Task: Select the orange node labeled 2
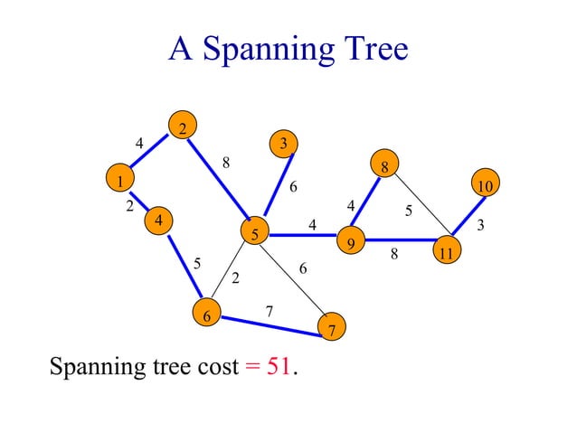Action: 182,127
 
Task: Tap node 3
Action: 283,143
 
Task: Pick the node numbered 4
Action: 158,220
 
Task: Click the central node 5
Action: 255,234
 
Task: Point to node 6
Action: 206,315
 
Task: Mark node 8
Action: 384,166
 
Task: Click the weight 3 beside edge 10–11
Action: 481,224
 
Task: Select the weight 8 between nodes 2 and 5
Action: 226,163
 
